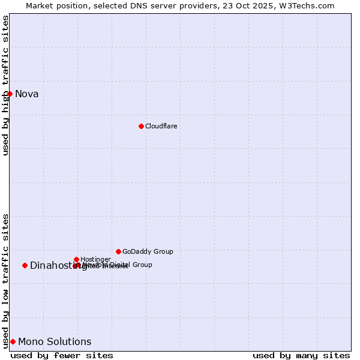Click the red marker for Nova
10,94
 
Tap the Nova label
27,94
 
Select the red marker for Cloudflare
141,126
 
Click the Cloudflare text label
161,126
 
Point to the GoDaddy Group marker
118,251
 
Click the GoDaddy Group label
148,251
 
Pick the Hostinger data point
76,259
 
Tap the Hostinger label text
95,259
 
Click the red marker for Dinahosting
25,265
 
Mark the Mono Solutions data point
13,341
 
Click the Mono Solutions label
55,342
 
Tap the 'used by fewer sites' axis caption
62,355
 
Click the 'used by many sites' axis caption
301,355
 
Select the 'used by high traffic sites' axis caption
5,85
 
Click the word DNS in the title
128,5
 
